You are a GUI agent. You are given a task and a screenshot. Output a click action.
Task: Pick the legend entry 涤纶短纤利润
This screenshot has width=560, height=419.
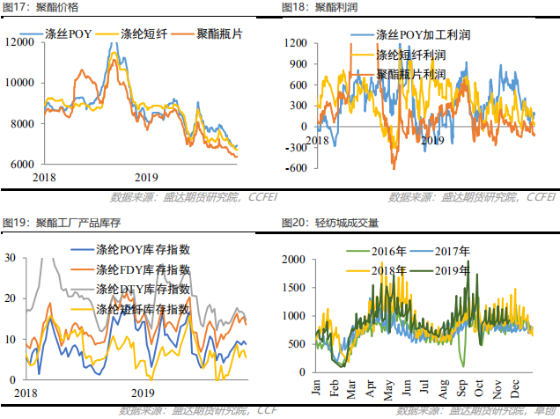[410, 55]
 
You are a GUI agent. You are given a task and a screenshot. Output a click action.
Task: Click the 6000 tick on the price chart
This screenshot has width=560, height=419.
[24, 165]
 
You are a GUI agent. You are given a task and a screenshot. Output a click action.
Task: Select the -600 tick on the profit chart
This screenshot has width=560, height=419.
[295, 167]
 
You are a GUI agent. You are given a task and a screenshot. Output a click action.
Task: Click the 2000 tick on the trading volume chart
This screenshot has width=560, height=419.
[295, 258]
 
